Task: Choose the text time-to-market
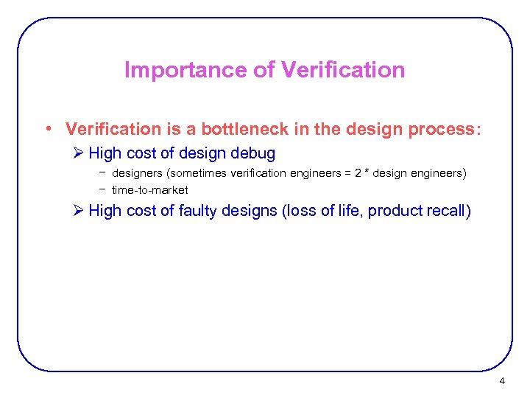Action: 149,190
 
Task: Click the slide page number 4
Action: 502,381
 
